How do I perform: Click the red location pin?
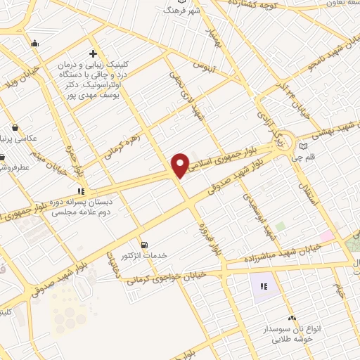coord(180,165)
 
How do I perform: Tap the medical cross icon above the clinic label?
coord(93,53)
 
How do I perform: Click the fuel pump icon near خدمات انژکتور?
coord(145,245)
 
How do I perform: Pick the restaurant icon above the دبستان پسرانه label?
coord(82,190)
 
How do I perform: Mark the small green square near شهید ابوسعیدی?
coord(281,227)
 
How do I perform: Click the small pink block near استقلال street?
coord(326,235)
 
